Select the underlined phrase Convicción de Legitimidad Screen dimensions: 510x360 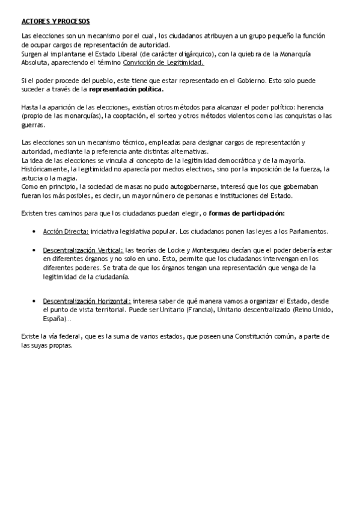coord(163,62)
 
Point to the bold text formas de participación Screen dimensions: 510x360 coord(247,214)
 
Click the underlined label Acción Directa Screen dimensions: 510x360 coord(66,232)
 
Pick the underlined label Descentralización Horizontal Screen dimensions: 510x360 coord(87,301)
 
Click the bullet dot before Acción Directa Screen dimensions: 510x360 coord(33,232)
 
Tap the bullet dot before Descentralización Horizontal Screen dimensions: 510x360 coord(33,301)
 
